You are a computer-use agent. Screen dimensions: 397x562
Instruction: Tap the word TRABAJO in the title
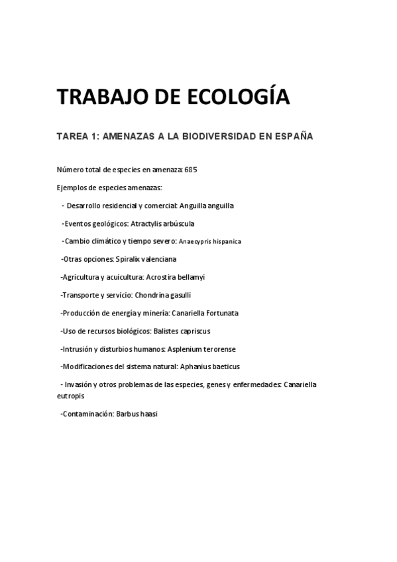point(93,97)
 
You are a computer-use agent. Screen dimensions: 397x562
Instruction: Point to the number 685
point(192,170)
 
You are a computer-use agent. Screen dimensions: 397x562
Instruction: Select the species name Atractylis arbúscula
point(162,223)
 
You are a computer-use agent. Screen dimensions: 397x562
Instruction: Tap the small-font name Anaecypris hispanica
point(210,242)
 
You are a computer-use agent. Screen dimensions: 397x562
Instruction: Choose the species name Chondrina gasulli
point(161,295)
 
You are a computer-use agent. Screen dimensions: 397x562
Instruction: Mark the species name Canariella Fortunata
point(207,313)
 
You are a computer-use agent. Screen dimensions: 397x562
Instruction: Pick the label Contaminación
point(87,414)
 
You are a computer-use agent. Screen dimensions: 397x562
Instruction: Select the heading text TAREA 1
point(78,137)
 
